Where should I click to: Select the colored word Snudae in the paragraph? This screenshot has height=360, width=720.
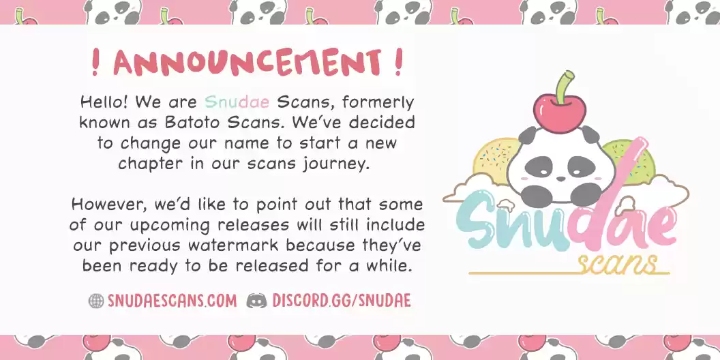click(x=237, y=102)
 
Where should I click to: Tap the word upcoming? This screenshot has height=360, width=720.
click(x=170, y=226)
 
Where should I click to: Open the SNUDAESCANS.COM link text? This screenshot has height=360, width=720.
click(x=172, y=301)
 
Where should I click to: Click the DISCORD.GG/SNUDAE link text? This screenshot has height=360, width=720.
click(x=341, y=301)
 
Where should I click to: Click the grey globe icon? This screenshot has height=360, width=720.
click(x=96, y=301)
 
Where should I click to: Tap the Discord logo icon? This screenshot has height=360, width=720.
click(x=256, y=301)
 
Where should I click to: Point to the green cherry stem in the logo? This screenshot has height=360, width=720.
click(x=564, y=87)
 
